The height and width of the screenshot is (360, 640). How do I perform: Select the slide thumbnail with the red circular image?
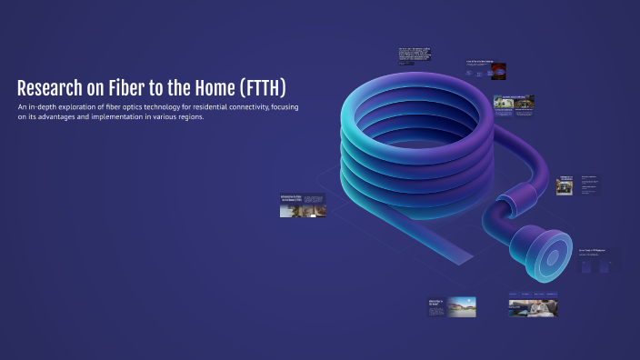click(485, 69)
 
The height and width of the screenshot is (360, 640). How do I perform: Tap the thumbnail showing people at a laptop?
click(534, 306)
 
